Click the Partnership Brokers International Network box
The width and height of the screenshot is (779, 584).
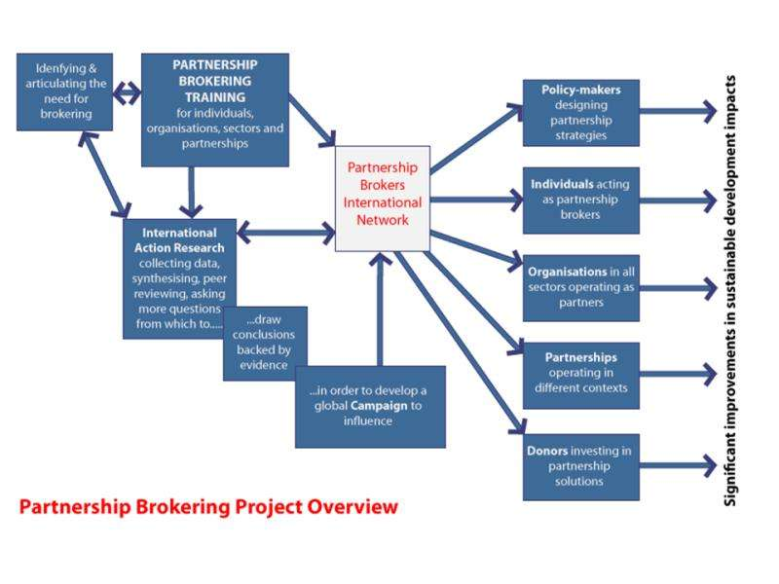(x=383, y=198)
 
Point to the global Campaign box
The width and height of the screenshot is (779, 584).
(x=370, y=406)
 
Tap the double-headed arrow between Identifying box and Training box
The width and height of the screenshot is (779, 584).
(x=128, y=94)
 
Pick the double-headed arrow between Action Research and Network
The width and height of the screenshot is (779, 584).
(x=285, y=233)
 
